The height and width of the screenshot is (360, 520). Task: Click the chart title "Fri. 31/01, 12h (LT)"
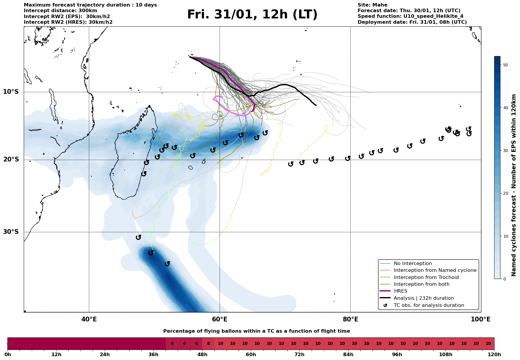coord(252,15)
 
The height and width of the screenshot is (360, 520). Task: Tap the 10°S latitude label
coord(11,92)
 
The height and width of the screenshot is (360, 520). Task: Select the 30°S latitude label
coord(11,232)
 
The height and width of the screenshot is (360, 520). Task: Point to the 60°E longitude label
coord(220,320)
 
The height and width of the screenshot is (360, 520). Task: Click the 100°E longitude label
coord(481,320)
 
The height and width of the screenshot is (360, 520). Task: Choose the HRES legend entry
coord(400,291)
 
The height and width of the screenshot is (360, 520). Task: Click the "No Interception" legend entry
coord(413,264)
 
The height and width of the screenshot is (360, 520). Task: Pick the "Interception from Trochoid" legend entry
coord(426,277)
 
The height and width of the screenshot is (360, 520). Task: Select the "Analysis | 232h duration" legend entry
coord(424,298)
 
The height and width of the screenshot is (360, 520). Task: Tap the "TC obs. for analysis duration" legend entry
coord(429,305)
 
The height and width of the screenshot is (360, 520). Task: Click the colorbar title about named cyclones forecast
coord(514,185)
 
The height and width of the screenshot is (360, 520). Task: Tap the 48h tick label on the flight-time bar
coord(202,355)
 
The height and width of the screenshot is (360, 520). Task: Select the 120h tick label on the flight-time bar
coord(494,355)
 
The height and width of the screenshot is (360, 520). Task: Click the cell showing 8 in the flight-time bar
coord(208,344)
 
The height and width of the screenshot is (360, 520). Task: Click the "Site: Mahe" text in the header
coord(372,5)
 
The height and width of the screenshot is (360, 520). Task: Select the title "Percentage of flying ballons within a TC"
coord(256,331)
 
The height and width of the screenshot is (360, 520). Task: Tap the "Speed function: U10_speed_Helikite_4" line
coord(410,16)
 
